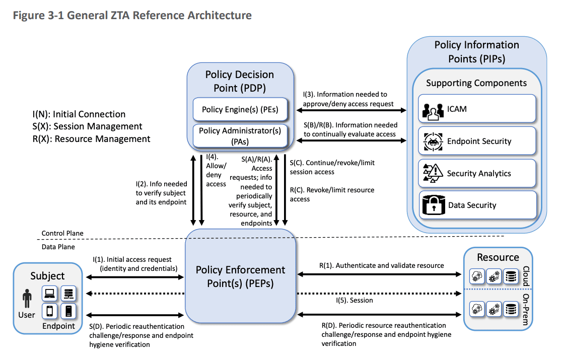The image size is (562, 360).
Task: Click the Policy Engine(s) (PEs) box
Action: pyautogui.click(x=240, y=109)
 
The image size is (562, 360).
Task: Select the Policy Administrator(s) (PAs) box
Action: pyautogui.click(x=240, y=136)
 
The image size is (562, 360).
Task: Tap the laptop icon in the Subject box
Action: pyautogui.click(x=49, y=293)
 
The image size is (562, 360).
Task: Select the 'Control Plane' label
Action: pyautogui.click(x=62, y=234)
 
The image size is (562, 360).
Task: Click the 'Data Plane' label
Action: pyautogui.click(x=58, y=247)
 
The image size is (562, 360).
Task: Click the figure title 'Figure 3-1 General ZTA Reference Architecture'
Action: pyautogui.click(x=132, y=15)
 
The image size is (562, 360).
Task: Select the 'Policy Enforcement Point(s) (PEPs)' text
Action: pyautogui.click(x=240, y=276)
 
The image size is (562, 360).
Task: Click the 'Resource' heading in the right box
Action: pyautogui.click(x=498, y=257)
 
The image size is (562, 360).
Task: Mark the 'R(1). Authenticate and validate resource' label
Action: pyautogui.click(x=382, y=265)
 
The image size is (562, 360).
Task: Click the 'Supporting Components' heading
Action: pyautogui.click(x=476, y=83)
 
